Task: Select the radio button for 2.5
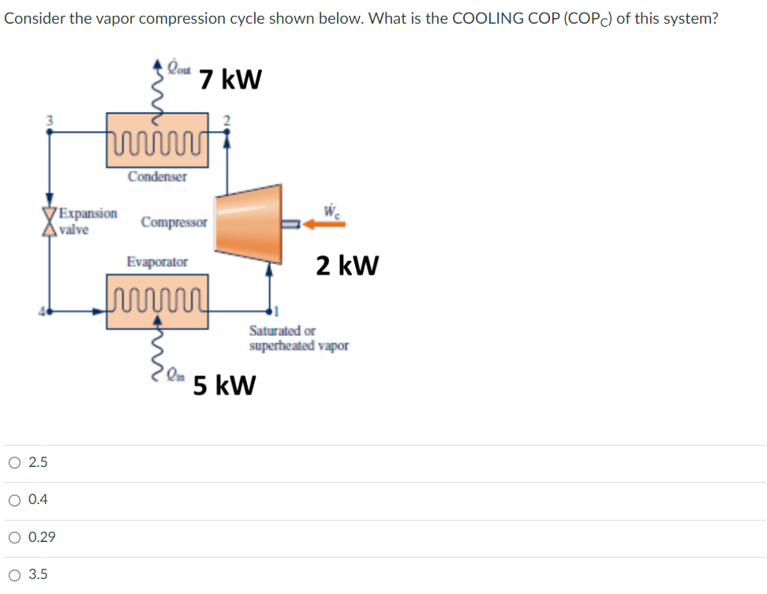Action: coord(15,463)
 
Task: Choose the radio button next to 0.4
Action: coord(15,500)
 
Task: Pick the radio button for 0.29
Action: coord(15,538)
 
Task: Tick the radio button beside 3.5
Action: coord(15,575)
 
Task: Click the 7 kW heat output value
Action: coord(230,79)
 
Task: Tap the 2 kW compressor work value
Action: coord(347,266)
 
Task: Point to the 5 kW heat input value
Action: coord(225,386)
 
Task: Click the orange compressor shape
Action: coord(249,222)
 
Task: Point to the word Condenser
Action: coord(158,177)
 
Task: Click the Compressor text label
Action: coord(174,222)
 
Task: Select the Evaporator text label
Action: coord(158,262)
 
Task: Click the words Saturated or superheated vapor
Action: coord(298,338)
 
